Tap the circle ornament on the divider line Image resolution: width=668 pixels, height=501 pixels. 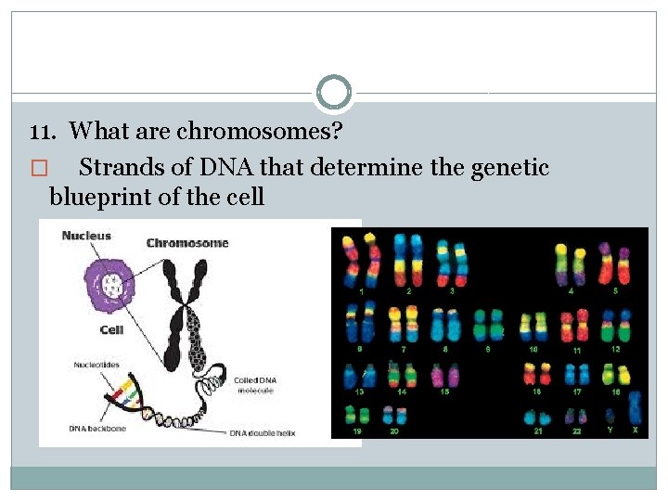333,93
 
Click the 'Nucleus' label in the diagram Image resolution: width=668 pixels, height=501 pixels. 86,235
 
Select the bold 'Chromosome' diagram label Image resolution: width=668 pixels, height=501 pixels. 186,243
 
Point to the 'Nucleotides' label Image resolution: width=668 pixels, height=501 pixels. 96,365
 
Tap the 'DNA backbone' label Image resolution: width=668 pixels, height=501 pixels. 96,429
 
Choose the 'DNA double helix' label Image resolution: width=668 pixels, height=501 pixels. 262,433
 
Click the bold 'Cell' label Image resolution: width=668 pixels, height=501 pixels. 111,329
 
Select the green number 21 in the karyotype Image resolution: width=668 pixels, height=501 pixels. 539,431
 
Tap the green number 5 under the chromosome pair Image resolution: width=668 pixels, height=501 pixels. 615,289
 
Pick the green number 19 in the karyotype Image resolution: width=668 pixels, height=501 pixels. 357,431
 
